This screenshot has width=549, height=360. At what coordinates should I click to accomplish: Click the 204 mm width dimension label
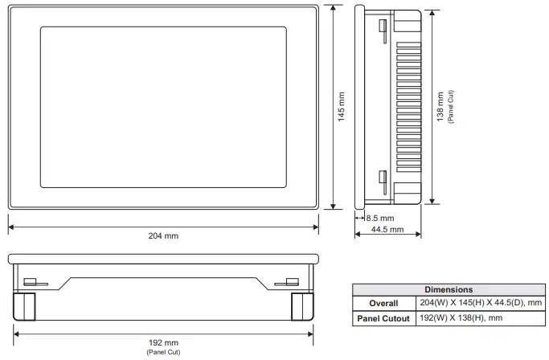[164, 235]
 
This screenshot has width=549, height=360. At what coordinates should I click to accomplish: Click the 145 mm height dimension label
[341, 107]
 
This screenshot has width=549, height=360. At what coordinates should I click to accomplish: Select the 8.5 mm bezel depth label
[379, 218]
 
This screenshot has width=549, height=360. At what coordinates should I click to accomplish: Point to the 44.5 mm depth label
[387, 229]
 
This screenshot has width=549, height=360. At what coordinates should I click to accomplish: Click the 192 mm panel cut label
[164, 343]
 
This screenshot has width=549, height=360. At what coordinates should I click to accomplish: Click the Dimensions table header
[449, 289]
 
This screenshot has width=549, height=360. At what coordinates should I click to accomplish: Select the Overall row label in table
[383, 304]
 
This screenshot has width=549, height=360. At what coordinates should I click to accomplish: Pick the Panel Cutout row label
[383, 318]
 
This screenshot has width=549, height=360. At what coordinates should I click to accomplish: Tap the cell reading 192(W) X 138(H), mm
[462, 318]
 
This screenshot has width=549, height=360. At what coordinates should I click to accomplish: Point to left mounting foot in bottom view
[24, 306]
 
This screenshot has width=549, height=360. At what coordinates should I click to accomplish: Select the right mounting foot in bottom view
[302, 306]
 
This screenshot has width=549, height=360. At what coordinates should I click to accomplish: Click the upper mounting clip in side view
[382, 31]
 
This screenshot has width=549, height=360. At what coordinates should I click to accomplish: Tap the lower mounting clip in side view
[382, 182]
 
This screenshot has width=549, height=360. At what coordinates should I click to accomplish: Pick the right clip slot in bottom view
[285, 282]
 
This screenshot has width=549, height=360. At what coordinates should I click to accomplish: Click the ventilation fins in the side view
[406, 107]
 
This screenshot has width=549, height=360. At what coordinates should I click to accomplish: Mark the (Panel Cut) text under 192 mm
[164, 352]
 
